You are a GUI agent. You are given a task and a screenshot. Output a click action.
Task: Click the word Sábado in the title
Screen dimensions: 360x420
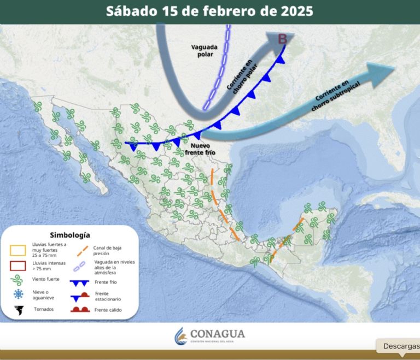(131, 11)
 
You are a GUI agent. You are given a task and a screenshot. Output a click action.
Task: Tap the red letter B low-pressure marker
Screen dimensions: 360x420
(283, 39)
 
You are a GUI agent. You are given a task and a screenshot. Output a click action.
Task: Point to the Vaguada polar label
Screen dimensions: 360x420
(204, 50)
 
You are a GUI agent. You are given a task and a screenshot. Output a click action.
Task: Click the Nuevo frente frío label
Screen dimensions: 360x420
(203, 150)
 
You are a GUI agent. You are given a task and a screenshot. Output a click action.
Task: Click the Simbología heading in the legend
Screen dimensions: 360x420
(69, 235)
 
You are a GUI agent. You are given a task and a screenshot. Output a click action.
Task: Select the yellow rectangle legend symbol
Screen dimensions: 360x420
(19, 250)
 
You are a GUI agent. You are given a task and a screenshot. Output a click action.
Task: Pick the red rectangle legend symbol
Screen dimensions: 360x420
(19, 265)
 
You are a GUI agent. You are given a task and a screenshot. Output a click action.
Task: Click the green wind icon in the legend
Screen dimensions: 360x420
(19, 280)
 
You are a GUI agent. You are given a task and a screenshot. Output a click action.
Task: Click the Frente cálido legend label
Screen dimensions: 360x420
(108, 310)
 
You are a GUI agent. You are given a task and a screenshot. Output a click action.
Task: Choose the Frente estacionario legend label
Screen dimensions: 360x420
(107, 296)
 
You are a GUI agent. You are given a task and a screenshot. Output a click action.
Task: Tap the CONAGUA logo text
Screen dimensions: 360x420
(217, 334)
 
